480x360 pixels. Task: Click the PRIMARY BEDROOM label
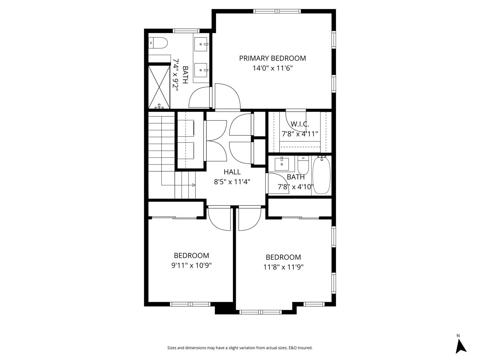[x=272, y=58]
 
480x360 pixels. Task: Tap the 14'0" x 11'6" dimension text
[x=272, y=68]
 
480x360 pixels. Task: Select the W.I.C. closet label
[x=300, y=124]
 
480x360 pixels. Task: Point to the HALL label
[x=232, y=172]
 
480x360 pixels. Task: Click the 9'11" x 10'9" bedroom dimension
[x=191, y=265]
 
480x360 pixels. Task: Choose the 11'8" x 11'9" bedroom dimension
[x=284, y=267]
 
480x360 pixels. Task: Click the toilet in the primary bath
[x=158, y=43]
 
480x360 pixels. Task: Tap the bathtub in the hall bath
[x=321, y=175]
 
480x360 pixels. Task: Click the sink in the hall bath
[x=282, y=164]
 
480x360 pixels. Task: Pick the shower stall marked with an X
[x=159, y=87]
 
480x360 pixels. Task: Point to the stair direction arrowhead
[x=194, y=185]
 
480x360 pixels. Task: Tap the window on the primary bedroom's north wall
[x=277, y=11]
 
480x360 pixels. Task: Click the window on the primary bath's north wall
[x=186, y=31]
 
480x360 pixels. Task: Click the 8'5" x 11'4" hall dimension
[x=232, y=182]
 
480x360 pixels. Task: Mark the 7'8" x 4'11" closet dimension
[x=300, y=134]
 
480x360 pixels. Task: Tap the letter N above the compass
[x=458, y=336]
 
